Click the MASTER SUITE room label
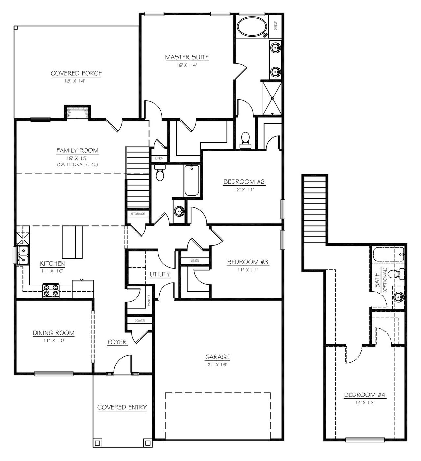click(187, 57)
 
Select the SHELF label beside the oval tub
click(275, 26)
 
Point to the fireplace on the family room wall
click(78, 113)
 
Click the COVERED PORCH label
click(76, 73)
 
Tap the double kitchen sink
click(23, 255)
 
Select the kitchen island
click(73, 242)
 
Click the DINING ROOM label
click(54, 333)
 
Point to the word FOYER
click(117, 342)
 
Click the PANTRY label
click(149, 300)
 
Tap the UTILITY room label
click(160, 274)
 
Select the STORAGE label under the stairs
click(138, 214)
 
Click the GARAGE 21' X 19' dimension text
click(217, 365)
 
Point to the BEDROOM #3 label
click(248, 262)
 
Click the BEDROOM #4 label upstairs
click(364, 395)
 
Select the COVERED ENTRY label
click(122, 407)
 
